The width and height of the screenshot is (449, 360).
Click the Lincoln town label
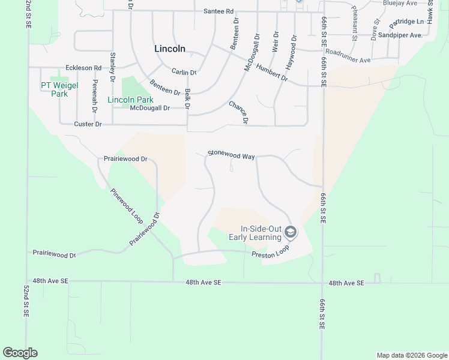pos(170,49)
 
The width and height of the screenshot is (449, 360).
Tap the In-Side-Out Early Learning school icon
pos(291,232)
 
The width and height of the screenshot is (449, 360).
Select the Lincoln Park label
pos(130,100)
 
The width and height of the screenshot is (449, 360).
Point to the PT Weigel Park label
pos(59,89)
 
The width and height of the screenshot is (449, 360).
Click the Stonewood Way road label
pos(231,155)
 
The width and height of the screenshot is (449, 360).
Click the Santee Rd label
pos(218,11)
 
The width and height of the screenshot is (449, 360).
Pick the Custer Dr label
pos(88,124)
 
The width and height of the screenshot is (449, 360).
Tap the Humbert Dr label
pos(271,73)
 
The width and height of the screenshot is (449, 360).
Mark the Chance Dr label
pos(238,112)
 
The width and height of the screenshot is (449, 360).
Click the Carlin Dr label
pos(184,72)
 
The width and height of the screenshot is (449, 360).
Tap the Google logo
pos(20,353)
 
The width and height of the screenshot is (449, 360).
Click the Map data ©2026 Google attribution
pos(411,355)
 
